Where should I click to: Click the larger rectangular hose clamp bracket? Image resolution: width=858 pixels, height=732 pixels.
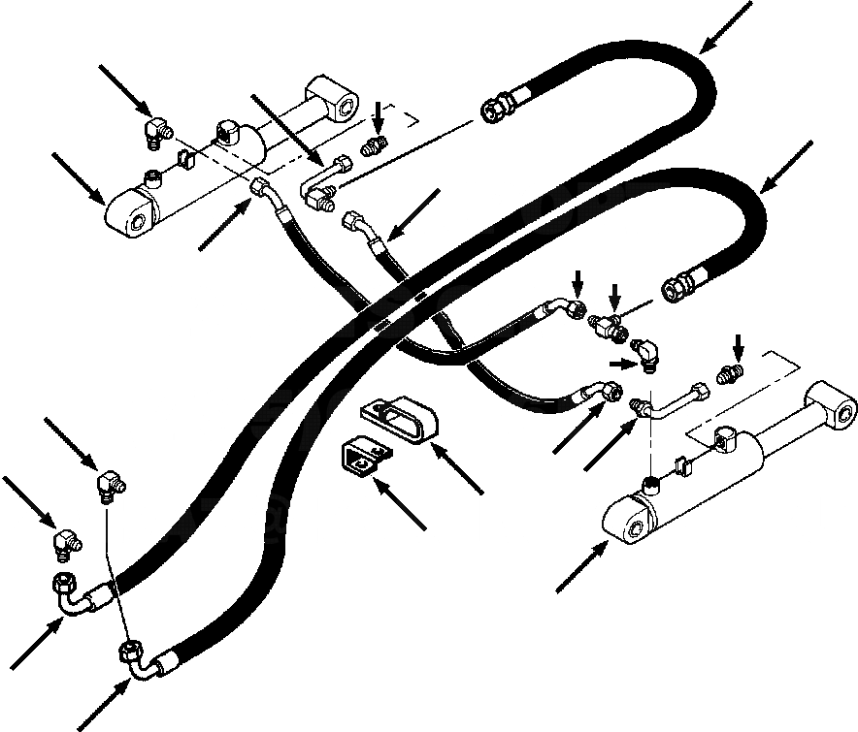point(399,419)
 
